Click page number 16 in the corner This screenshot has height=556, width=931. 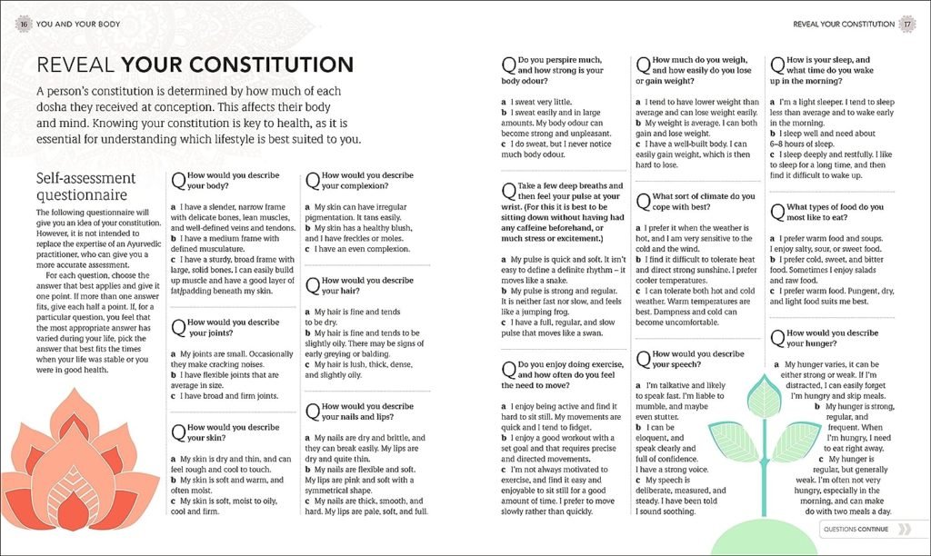pos(21,25)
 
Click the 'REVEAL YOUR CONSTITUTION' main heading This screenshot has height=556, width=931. pos(194,65)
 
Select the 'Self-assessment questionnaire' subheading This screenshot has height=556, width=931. pos(85,186)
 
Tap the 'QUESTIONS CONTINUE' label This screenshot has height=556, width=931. pos(856,528)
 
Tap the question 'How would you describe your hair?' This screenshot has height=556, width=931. pos(358,286)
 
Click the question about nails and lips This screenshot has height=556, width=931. pos(360,412)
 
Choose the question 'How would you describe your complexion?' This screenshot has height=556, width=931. pos(360,181)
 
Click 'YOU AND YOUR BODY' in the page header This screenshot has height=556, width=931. pos(72,25)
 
